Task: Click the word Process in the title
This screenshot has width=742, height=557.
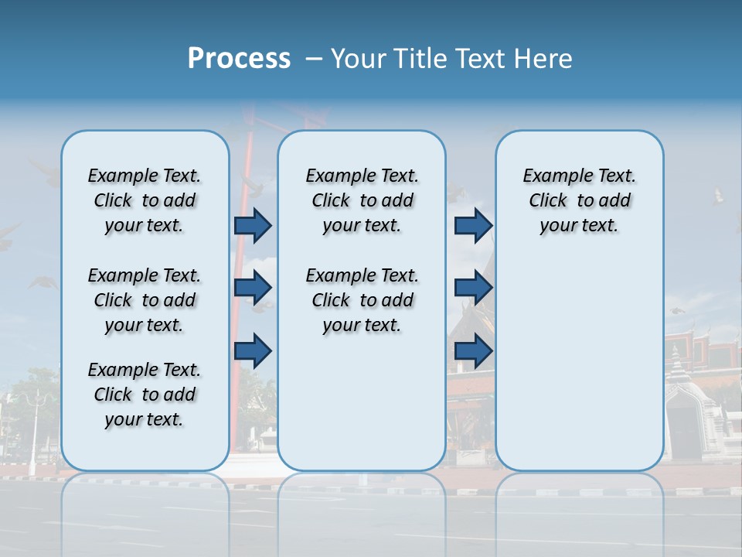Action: tap(239, 58)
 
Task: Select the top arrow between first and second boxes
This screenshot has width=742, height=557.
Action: tap(253, 225)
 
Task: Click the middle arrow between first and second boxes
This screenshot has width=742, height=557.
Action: tap(253, 288)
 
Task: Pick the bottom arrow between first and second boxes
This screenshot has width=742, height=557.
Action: tap(253, 350)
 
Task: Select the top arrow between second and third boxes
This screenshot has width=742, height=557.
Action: tap(473, 225)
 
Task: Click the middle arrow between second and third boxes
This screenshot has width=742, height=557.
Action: tap(473, 288)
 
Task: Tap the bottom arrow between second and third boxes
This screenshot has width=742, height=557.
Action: tap(473, 350)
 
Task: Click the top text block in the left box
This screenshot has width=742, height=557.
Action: tap(145, 200)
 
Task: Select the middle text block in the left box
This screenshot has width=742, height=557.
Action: tap(145, 300)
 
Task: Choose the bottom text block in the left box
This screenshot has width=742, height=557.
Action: tap(145, 395)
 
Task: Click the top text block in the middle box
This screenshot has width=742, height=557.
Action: tap(362, 200)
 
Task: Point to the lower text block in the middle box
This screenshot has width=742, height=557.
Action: tap(362, 300)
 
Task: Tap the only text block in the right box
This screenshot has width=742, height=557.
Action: tap(579, 200)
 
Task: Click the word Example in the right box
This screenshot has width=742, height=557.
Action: tap(551, 176)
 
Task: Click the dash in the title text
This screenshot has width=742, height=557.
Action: tap(314, 60)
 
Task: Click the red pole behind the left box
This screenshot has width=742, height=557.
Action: tap(240, 309)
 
